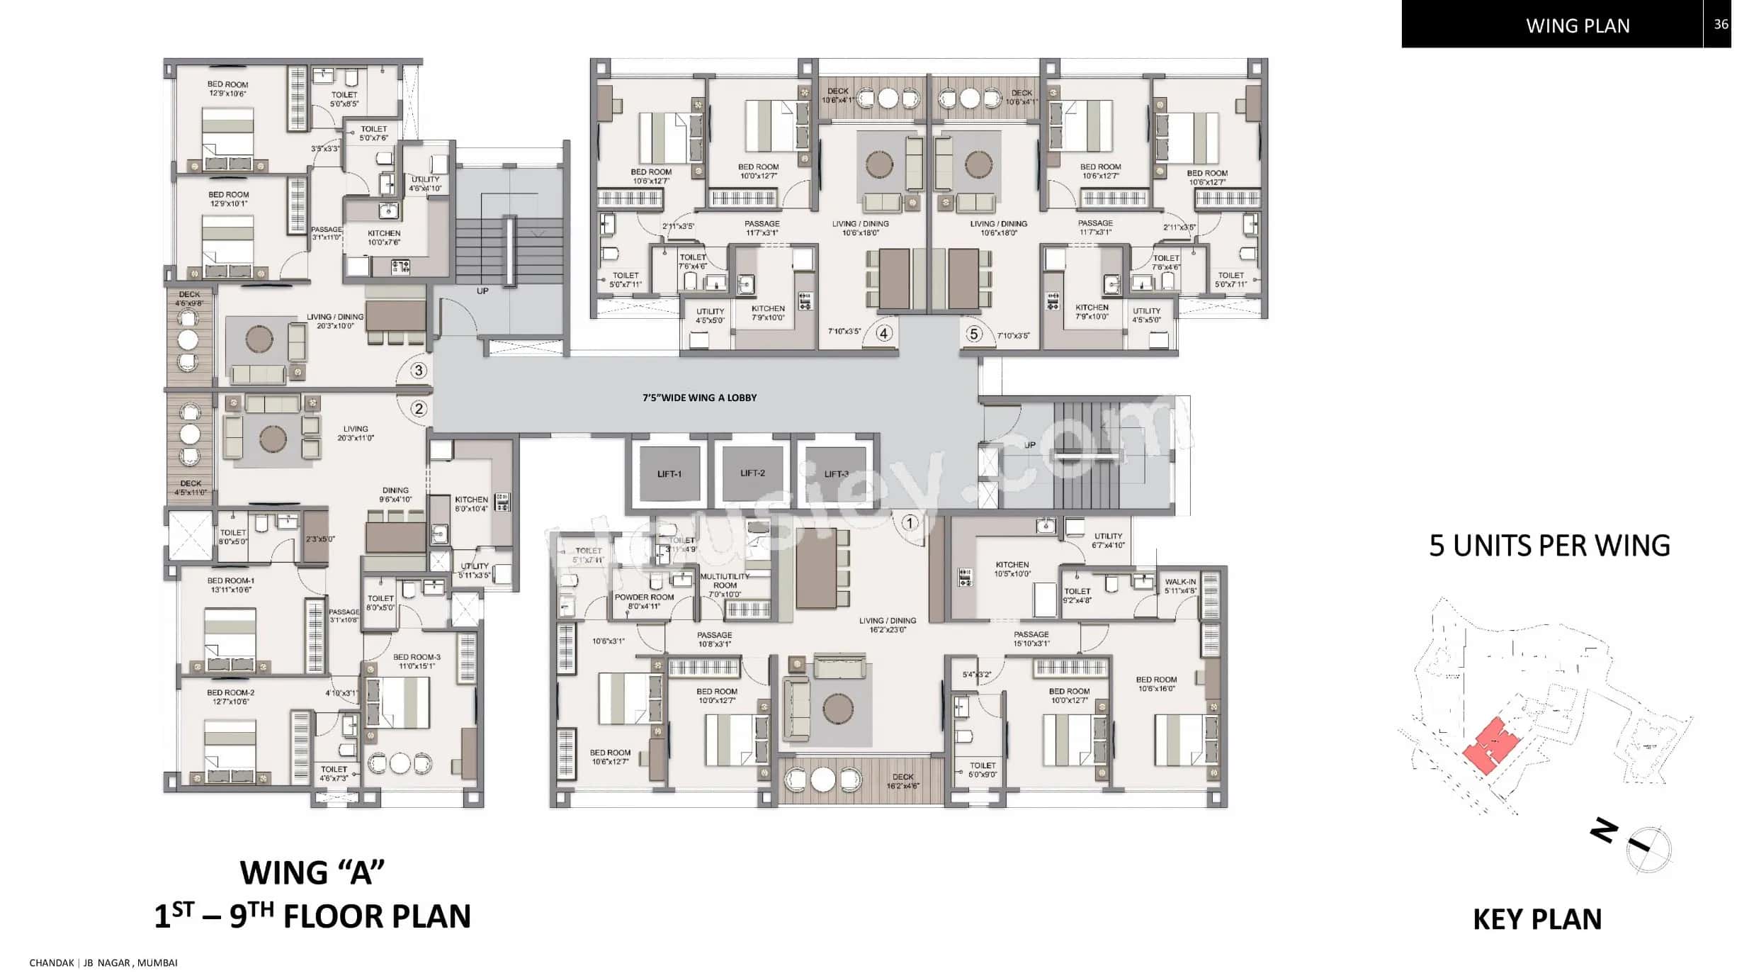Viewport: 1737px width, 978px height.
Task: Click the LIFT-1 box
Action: [x=669, y=473]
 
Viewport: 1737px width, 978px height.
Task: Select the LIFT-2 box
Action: [x=752, y=473]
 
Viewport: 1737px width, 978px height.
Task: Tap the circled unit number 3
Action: [x=419, y=370]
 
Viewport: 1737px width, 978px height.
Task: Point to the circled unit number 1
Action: [x=910, y=523]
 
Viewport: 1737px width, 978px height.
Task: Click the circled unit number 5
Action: [x=974, y=334]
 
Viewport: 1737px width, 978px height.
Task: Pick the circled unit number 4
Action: [x=883, y=333]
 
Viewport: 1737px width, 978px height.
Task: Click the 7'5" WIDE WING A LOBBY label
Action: [x=699, y=398]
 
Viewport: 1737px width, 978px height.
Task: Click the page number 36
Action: [x=1721, y=24]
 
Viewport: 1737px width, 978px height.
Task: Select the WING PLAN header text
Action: [x=1578, y=26]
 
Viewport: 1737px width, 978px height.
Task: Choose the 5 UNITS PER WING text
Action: [x=1549, y=546]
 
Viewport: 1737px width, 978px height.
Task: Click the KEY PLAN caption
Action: [x=1537, y=919]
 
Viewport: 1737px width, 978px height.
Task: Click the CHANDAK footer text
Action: [x=52, y=962]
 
